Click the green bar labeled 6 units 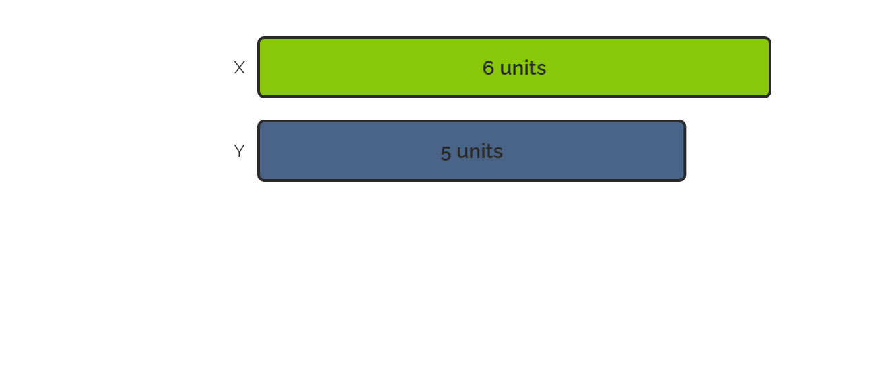click(x=514, y=67)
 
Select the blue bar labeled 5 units click(x=471, y=151)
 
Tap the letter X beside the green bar click(x=239, y=67)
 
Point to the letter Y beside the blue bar click(x=239, y=151)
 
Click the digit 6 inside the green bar click(x=488, y=68)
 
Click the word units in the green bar click(x=523, y=68)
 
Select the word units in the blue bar click(x=480, y=151)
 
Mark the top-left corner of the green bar click(x=259, y=38)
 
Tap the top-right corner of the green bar click(x=770, y=38)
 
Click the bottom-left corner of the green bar click(x=259, y=97)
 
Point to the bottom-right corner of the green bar click(x=770, y=97)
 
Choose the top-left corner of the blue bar click(x=259, y=121)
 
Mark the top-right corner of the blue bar click(x=685, y=121)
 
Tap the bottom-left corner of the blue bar click(x=259, y=181)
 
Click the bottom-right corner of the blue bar click(x=685, y=181)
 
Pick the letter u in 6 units click(x=506, y=70)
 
